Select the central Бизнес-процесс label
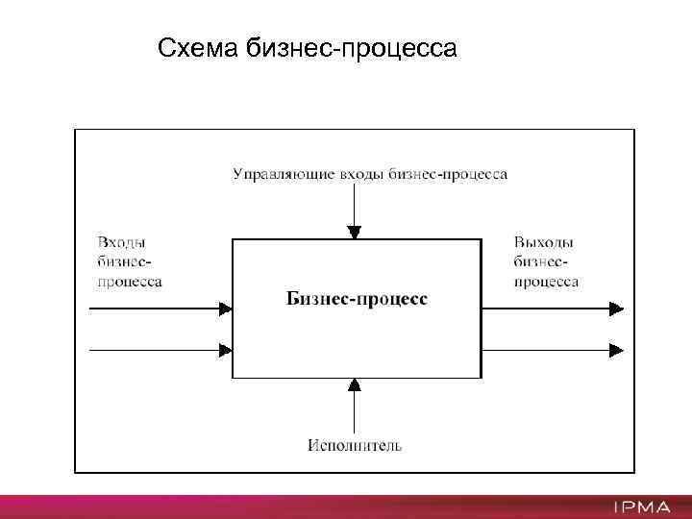pyautogui.click(x=358, y=299)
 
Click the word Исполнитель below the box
pyautogui.click(x=355, y=445)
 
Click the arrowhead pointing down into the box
pyautogui.click(x=355, y=233)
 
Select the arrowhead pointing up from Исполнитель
pyautogui.click(x=355, y=384)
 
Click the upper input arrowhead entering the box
pyautogui.click(x=226, y=309)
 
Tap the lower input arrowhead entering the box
pyautogui.click(x=226, y=351)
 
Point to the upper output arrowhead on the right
pyautogui.click(x=616, y=309)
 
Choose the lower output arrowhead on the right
pyautogui.click(x=616, y=351)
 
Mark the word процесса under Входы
pyautogui.click(x=130, y=282)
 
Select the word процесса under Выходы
pyautogui.click(x=546, y=282)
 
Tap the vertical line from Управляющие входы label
pyautogui.click(x=355, y=204)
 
